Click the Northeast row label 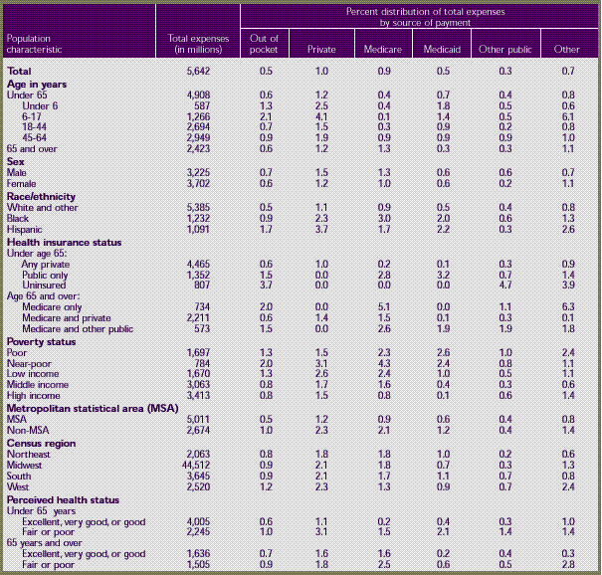click(x=30, y=453)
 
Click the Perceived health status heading click(x=63, y=498)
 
